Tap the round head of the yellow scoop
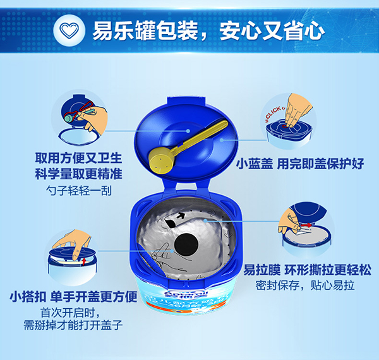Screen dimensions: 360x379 pyautogui.click(x=160, y=160)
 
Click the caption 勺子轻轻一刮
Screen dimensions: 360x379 pyautogui.click(x=79, y=189)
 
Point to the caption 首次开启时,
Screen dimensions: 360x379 pyautogui.click(x=70, y=312)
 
